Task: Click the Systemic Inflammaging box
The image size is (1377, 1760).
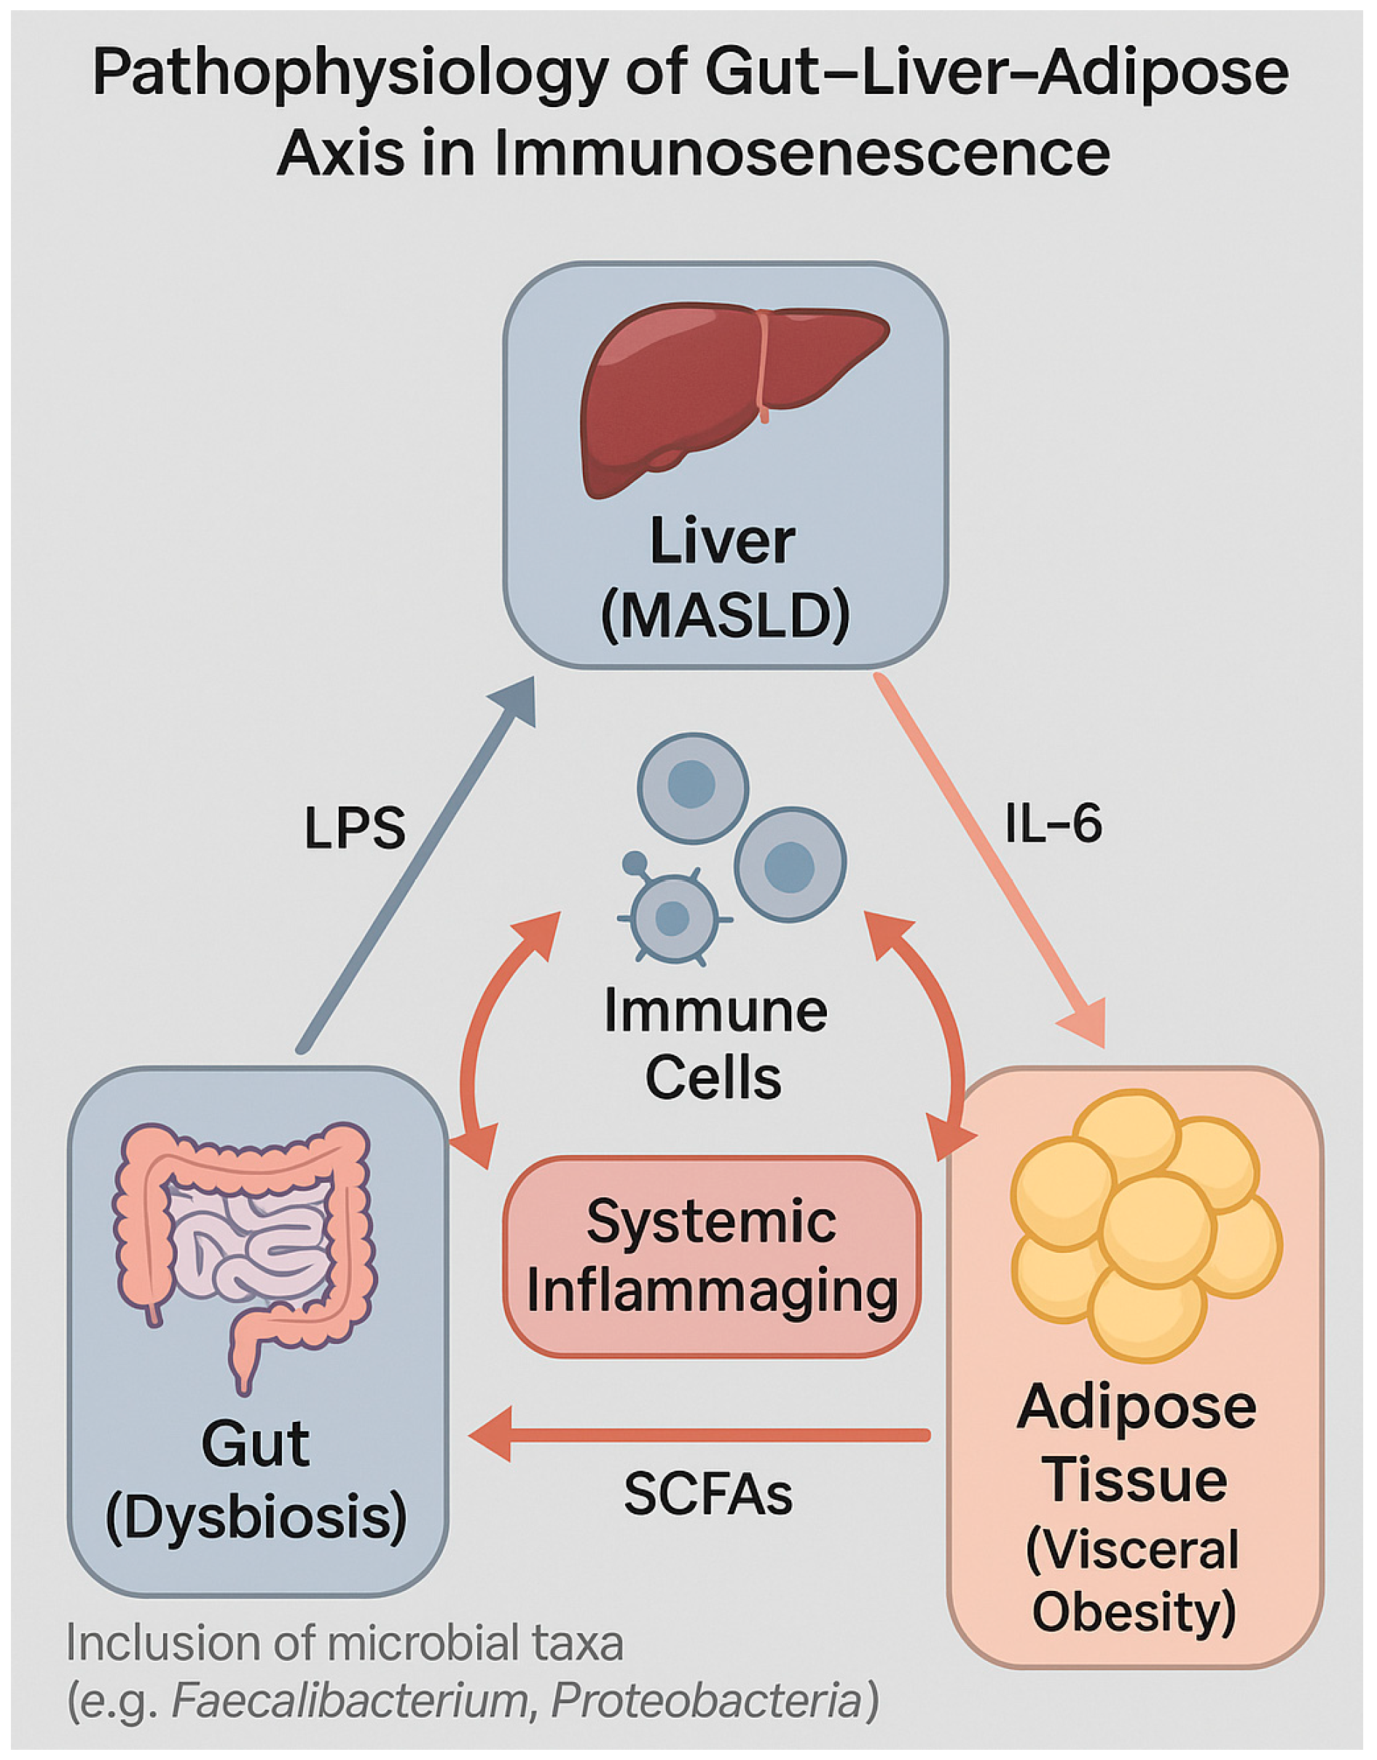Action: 711,1257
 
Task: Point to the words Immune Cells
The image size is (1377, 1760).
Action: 714,1044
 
